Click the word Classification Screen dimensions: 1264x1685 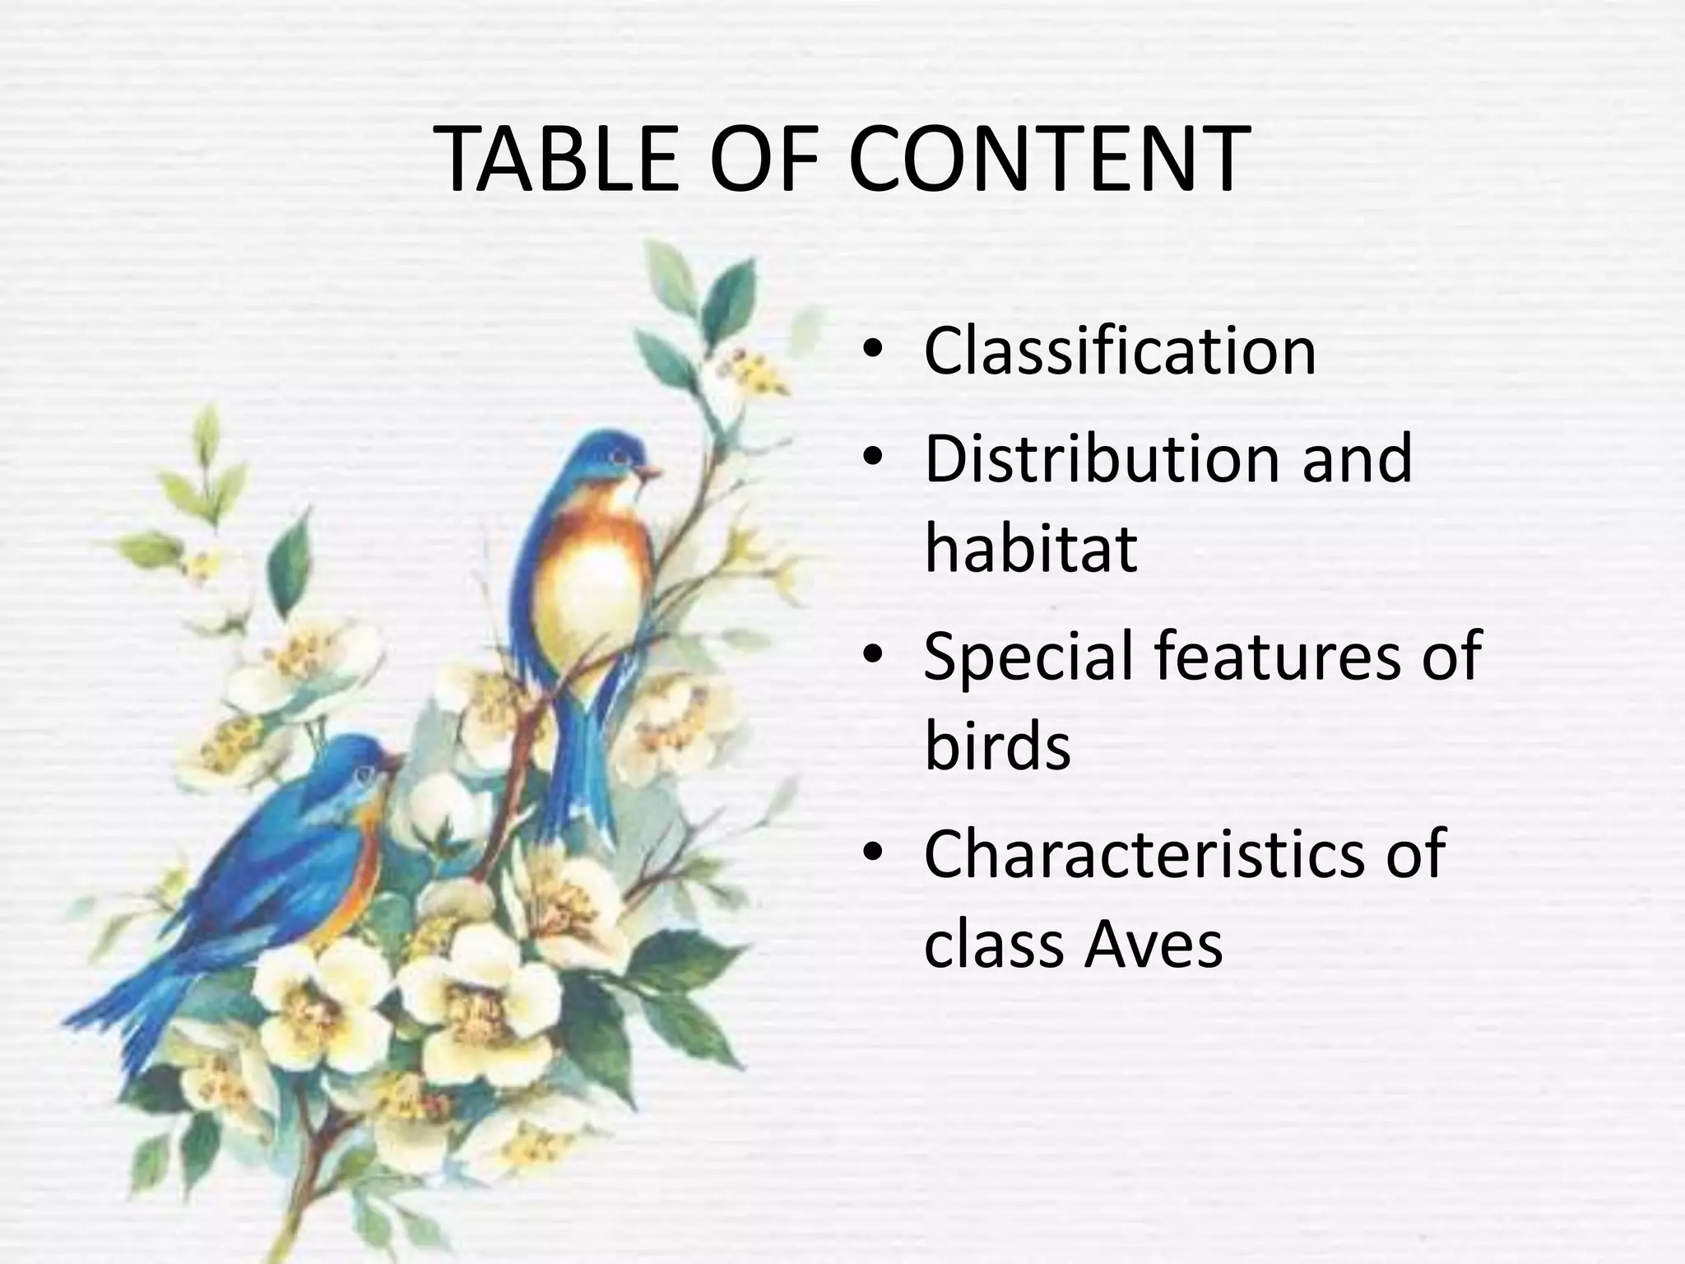pyautogui.click(x=1120, y=351)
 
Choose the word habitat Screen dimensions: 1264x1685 pyautogui.click(x=1031, y=549)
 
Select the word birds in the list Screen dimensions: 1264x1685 pyautogui.click(x=997, y=746)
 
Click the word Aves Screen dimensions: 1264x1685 pyautogui.click(x=1153, y=945)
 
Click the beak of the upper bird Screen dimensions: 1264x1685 pyautogui.click(x=651, y=472)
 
